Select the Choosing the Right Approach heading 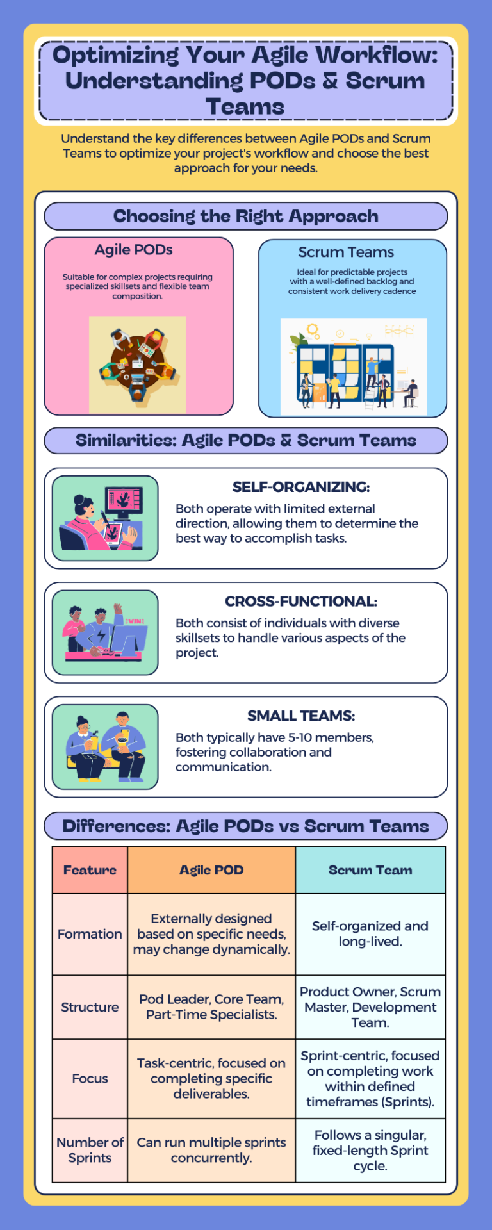coord(245,217)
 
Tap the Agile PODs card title coord(133,250)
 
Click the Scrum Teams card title coord(346,252)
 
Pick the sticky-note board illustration coord(353,368)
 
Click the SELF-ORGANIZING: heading coord(300,487)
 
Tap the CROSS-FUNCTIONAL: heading coord(300,602)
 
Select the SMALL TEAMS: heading coord(300,716)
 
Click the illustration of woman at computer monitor coord(105,518)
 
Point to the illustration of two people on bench coord(105,747)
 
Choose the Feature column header coord(90,870)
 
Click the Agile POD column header coord(211,870)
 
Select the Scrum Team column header coord(370,870)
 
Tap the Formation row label coord(90,934)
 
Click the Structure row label coord(90,1007)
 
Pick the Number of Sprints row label coord(90,1150)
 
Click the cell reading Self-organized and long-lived coord(370,934)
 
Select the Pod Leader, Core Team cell coord(211,1007)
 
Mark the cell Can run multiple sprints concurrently coord(211,1150)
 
